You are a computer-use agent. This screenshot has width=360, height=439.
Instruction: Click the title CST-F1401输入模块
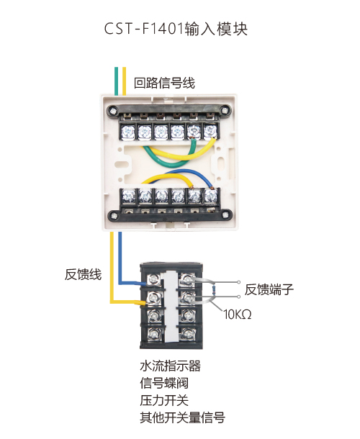click(x=176, y=29)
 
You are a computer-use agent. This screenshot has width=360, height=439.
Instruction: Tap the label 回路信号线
click(x=164, y=83)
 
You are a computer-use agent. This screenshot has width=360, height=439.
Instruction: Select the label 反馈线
click(x=83, y=274)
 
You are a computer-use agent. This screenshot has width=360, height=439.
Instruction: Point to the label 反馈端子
click(x=269, y=289)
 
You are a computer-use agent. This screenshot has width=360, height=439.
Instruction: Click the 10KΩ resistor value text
click(x=238, y=314)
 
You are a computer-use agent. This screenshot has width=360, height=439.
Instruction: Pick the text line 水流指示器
click(x=171, y=366)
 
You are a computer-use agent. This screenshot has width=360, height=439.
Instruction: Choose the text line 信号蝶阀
click(x=164, y=384)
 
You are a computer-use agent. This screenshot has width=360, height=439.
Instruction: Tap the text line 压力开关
click(x=164, y=400)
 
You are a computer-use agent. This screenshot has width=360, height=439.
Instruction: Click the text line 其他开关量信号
click(x=182, y=417)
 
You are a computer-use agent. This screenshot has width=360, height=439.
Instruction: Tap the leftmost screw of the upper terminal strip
click(x=128, y=131)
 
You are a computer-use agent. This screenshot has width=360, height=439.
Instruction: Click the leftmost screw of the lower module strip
click(x=128, y=196)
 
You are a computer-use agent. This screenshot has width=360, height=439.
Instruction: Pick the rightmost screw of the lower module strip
click(x=211, y=196)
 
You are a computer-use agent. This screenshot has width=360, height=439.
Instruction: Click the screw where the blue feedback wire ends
click(x=154, y=279)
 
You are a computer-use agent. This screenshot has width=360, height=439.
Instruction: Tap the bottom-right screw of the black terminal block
click(x=187, y=334)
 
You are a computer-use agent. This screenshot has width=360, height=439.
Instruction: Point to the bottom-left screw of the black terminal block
click(x=154, y=333)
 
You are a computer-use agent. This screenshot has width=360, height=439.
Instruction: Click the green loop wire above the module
click(x=117, y=81)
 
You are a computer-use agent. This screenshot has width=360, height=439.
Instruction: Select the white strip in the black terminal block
click(x=171, y=307)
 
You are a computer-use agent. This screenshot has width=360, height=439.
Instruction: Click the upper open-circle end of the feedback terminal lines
click(x=239, y=282)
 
